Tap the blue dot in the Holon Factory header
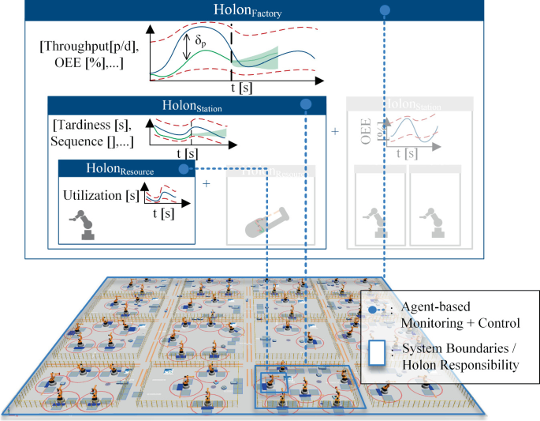click(x=385, y=10)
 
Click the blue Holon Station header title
click(x=192, y=106)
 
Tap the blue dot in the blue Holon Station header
click(x=306, y=105)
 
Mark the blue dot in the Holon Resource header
click(x=183, y=169)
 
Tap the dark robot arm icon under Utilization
click(x=84, y=224)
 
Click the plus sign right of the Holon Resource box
click(x=207, y=184)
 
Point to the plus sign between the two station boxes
click(x=335, y=130)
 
